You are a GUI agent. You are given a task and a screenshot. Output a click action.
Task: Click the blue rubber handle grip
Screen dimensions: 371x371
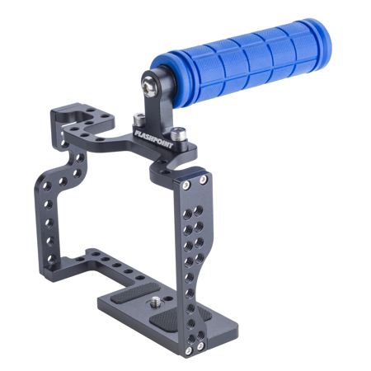(242, 63)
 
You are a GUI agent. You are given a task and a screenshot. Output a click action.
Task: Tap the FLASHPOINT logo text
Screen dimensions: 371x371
(154, 139)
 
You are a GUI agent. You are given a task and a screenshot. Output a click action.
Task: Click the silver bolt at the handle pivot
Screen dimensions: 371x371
(149, 87)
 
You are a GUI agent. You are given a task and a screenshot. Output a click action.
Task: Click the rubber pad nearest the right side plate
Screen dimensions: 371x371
(179, 319)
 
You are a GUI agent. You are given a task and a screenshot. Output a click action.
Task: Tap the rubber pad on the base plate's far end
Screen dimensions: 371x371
(135, 292)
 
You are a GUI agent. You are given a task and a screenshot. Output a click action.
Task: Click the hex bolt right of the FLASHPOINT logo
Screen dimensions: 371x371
(178, 134)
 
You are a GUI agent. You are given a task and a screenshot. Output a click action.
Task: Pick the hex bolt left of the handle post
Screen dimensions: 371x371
(139, 120)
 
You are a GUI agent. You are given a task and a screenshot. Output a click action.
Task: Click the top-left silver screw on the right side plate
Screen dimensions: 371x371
(186, 185)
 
